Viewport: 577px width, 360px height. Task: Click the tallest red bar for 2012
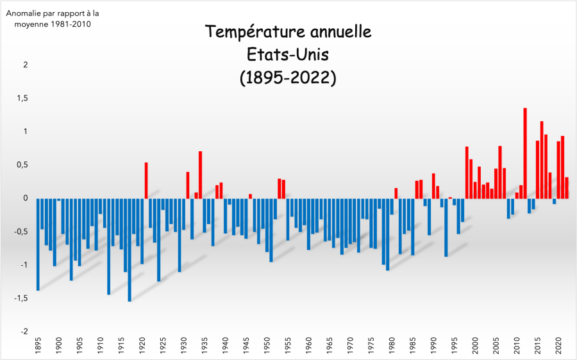525,153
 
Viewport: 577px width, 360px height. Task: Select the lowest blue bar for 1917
130,250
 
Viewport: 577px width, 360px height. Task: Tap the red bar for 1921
146,180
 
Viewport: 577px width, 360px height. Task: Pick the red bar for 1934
201,174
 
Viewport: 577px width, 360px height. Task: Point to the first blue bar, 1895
38,244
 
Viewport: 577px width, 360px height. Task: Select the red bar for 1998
467,172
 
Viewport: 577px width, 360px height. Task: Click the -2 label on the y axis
24,331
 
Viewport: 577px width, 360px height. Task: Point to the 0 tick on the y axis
25,198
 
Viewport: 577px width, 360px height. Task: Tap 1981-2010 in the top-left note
71,24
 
